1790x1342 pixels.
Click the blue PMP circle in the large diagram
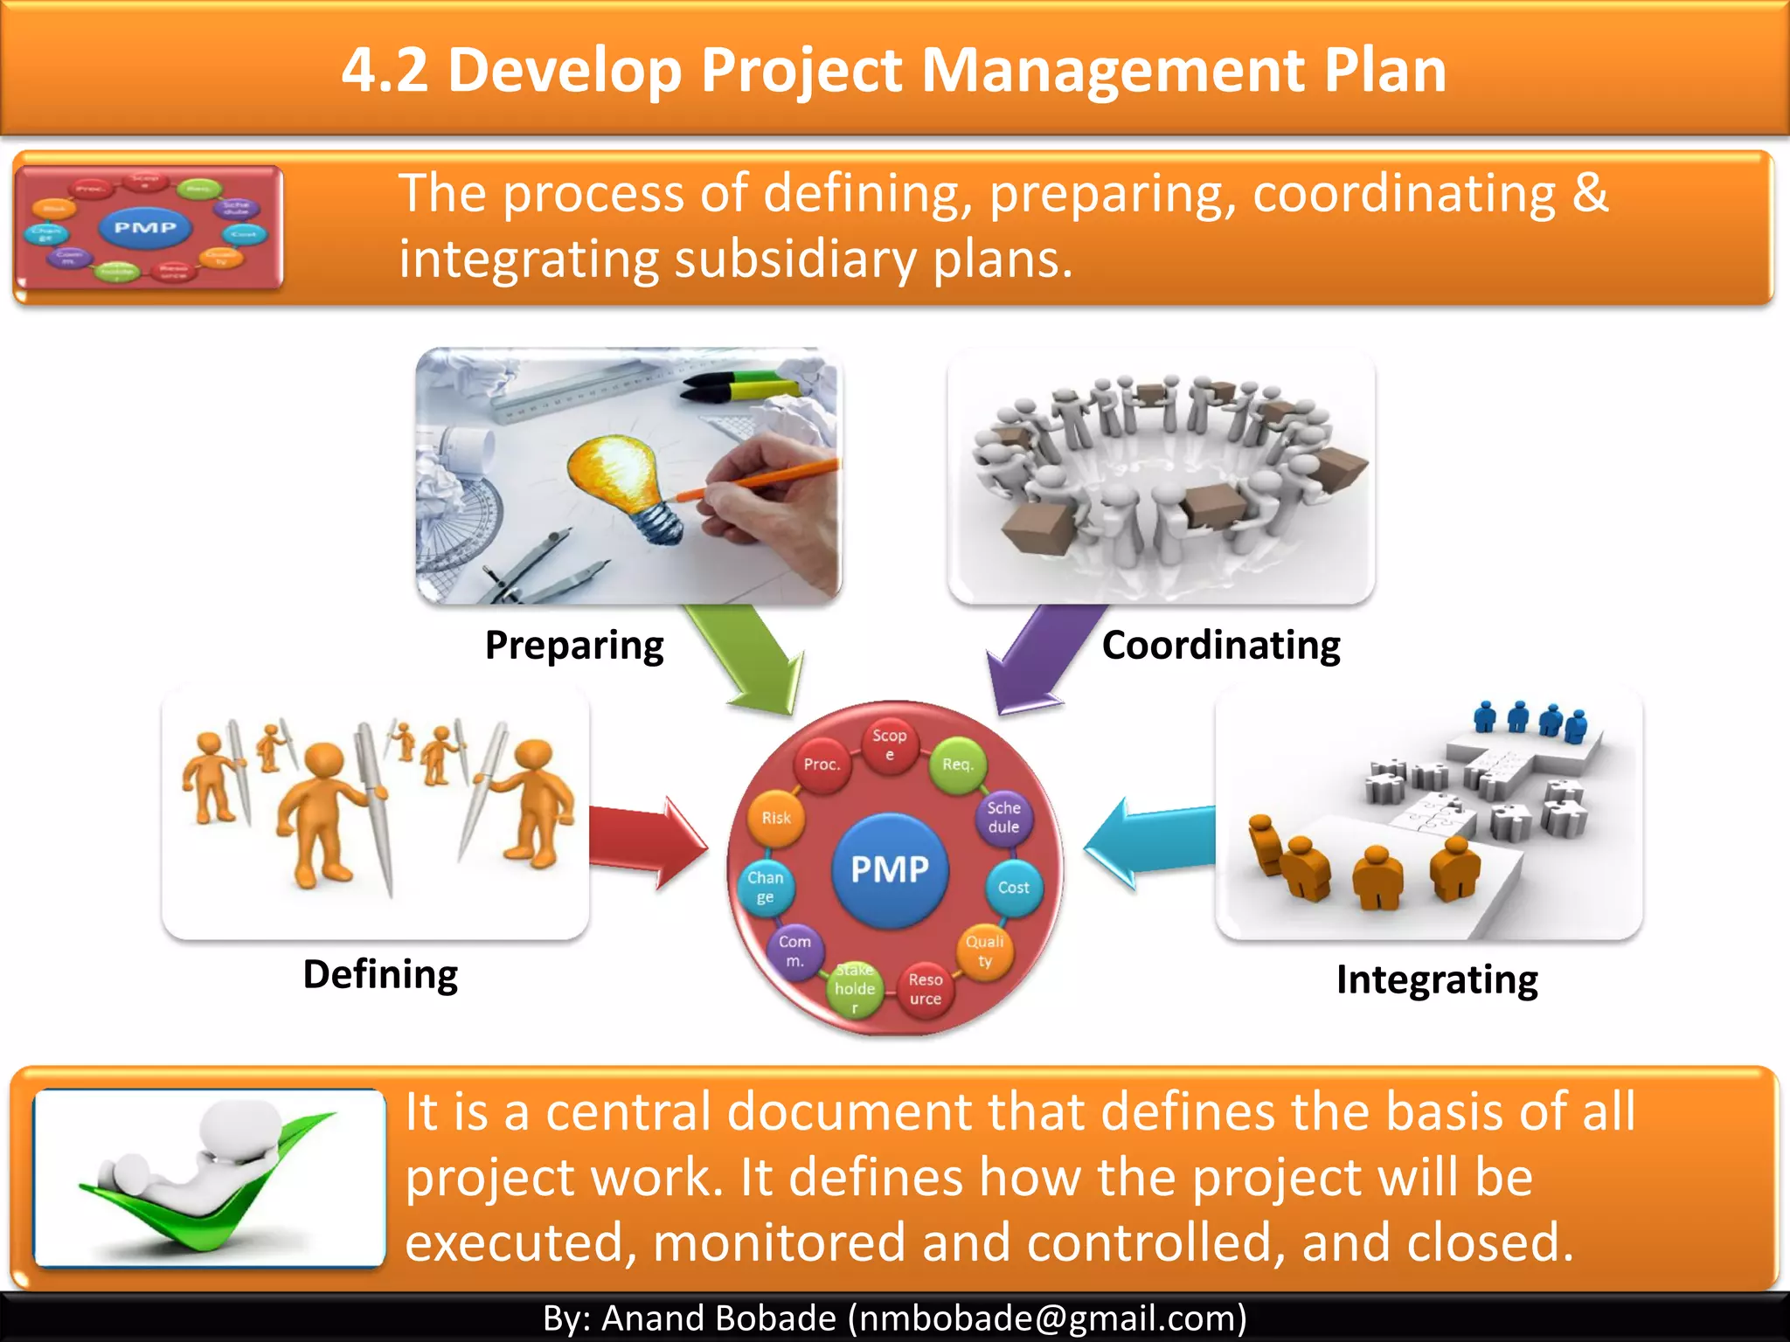890,869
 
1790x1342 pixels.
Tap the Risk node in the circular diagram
776,819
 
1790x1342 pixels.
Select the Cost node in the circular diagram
1013,888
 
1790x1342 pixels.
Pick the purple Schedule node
1003,818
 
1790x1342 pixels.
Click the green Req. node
957,764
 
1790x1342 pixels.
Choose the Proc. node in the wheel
822,764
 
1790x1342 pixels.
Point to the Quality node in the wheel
985,951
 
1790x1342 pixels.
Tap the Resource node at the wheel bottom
925,989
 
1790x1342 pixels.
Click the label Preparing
574,646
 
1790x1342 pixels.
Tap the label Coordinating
1221,646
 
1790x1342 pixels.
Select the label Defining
380,974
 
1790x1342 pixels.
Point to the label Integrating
1437,979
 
